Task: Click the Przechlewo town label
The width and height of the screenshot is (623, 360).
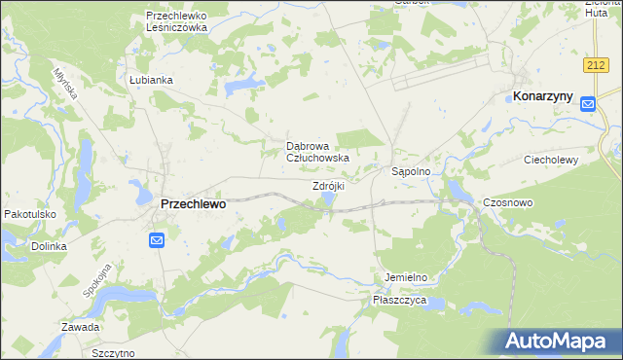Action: tap(192, 204)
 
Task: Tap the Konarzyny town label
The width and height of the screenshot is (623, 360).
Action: tap(542, 96)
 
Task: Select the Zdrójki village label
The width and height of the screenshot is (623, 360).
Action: tap(328, 186)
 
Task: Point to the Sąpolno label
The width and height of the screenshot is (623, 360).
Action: tap(418, 170)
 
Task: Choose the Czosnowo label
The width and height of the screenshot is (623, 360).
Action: tap(506, 202)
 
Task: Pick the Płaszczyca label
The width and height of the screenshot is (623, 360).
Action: tap(400, 302)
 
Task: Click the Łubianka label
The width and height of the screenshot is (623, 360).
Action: tap(150, 80)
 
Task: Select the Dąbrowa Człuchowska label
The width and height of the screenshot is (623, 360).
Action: tap(316, 151)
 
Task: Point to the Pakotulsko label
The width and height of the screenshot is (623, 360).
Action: tap(30, 214)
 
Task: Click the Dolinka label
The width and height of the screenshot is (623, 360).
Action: tap(48, 246)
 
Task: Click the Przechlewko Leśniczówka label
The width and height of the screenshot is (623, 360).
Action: tap(177, 21)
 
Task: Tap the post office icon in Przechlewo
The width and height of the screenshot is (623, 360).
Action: tap(157, 239)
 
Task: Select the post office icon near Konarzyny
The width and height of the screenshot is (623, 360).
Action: tap(587, 104)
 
